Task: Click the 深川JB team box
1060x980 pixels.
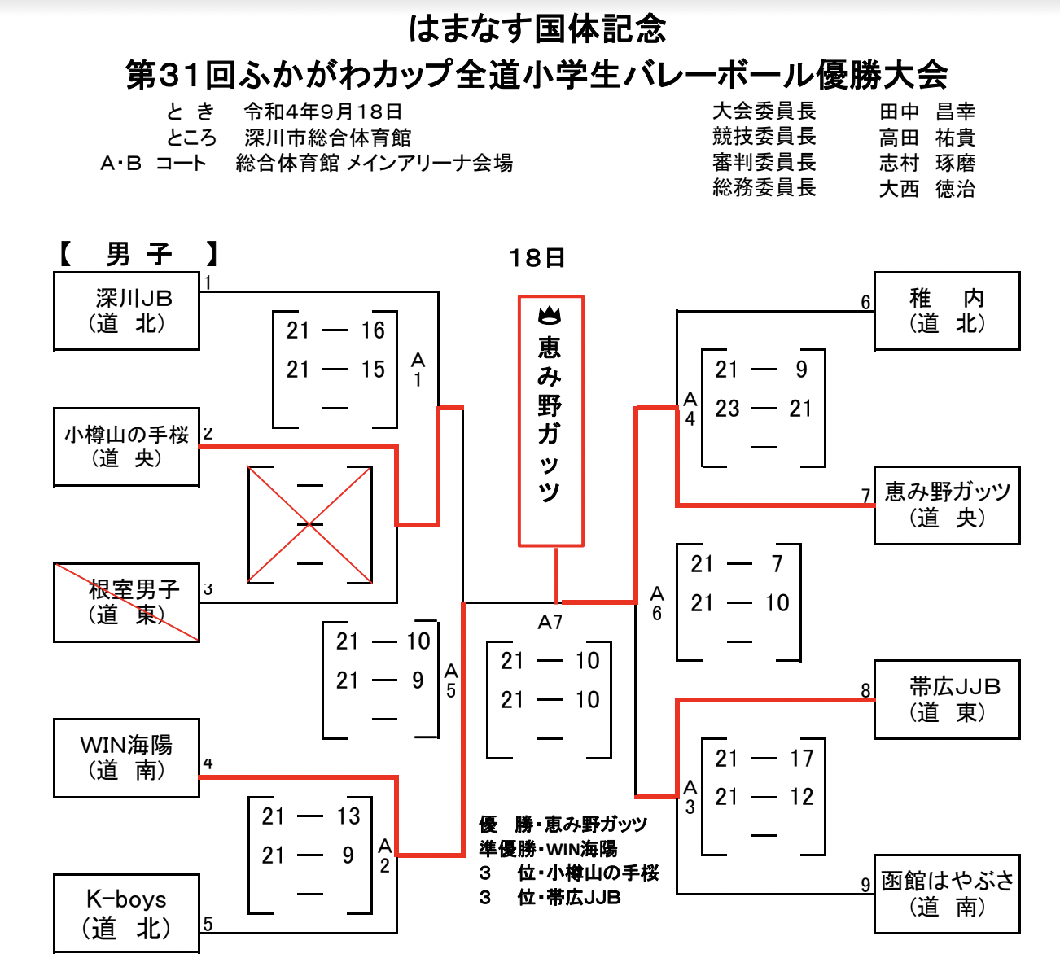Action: [x=126, y=311]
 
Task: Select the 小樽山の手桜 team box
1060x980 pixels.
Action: [x=126, y=447]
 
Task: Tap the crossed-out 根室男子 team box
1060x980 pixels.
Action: [x=126, y=602]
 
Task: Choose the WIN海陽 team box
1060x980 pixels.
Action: [x=126, y=758]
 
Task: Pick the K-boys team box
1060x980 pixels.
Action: [x=126, y=913]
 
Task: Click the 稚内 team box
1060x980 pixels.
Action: [x=946, y=311]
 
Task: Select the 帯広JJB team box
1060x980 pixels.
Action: [x=946, y=699]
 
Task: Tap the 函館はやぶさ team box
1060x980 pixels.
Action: [x=946, y=894]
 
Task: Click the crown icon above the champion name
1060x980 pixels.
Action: [x=550, y=314]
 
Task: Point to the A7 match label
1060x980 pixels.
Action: [x=550, y=623]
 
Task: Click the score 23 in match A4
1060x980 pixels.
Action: [x=727, y=409]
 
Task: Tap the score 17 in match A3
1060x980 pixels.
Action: [x=801, y=759]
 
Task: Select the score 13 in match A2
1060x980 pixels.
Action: [x=348, y=816]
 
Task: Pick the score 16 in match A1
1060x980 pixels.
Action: [x=373, y=330]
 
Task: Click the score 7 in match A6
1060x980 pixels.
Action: [x=777, y=564]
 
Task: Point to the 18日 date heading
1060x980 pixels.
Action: [x=537, y=258]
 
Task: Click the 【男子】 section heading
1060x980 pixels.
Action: [x=138, y=255]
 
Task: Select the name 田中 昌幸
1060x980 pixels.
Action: [x=926, y=112]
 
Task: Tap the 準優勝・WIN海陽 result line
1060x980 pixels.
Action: [x=548, y=849]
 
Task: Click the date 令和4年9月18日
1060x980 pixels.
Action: [x=323, y=112]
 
